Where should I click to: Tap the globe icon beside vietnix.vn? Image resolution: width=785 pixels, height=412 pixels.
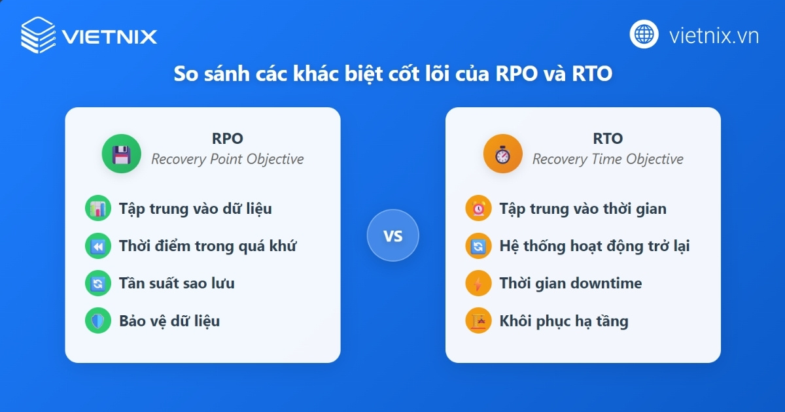[x=644, y=34]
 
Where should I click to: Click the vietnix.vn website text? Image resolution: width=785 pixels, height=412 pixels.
[x=714, y=35]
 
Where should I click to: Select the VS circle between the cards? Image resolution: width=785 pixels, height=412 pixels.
[x=392, y=235]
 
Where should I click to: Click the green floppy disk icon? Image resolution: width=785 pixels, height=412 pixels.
[x=121, y=154]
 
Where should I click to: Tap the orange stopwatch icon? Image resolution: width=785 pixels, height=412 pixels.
[x=502, y=154]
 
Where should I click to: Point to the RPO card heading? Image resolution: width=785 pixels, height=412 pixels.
[x=227, y=139]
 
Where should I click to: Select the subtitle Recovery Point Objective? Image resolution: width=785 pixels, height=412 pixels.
[x=227, y=159]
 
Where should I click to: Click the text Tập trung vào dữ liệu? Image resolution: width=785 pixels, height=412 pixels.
[x=195, y=209]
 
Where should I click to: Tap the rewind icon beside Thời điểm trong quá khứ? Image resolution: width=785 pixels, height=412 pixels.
[x=98, y=247]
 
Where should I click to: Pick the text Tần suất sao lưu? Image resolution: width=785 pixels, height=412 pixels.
[x=177, y=283]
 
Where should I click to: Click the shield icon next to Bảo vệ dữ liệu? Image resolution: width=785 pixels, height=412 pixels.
[x=98, y=321]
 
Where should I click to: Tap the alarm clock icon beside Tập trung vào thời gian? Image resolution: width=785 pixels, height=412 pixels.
[x=478, y=209]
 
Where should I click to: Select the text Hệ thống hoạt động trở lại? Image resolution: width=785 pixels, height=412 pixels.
[x=594, y=247]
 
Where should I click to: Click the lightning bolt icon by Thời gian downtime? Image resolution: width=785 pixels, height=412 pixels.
[x=478, y=284]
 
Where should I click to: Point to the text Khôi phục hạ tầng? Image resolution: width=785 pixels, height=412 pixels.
[x=563, y=321]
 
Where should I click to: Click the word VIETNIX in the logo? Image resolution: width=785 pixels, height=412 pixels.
[x=109, y=35]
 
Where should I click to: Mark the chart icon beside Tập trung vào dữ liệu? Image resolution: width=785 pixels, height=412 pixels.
[x=98, y=209]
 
